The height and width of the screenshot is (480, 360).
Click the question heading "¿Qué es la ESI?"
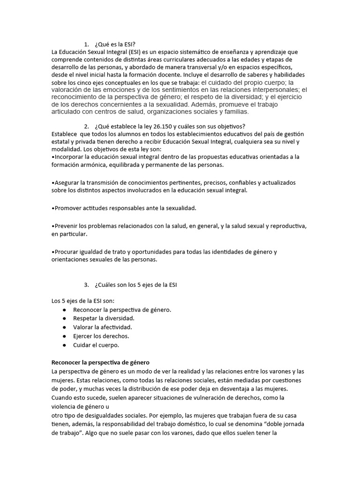click(114, 45)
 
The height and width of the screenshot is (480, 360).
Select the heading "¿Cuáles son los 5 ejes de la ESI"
click(135, 285)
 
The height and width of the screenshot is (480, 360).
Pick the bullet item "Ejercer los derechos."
click(101, 336)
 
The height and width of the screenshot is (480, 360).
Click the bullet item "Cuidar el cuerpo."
click(96, 345)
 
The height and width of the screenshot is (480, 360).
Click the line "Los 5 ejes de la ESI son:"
click(83, 300)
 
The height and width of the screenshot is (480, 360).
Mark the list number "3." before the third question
click(87, 285)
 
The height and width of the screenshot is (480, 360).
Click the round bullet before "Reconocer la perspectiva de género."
click(64, 310)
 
